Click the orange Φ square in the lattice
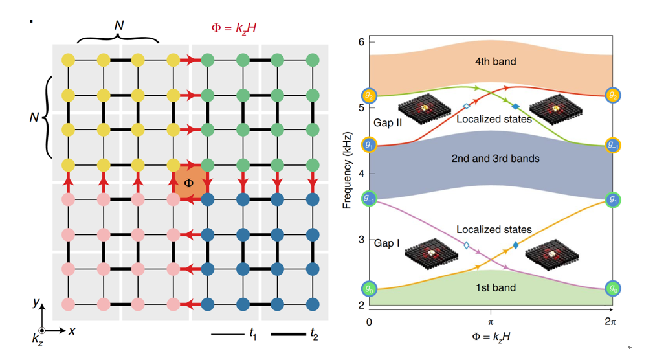click(x=189, y=183)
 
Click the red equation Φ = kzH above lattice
click(x=236, y=27)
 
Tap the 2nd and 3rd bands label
click(x=495, y=158)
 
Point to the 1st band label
click(x=494, y=287)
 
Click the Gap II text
click(x=388, y=122)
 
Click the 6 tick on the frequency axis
click(x=362, y=42)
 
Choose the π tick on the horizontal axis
click(x=491, y=321)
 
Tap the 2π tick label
click(x=610, y=321)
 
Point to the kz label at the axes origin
click(x=38, y=338)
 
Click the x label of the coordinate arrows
click(x=72, y=330)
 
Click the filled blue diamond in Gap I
click(x=515, y=245)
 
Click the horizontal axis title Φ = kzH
click(x=491, y=337)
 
